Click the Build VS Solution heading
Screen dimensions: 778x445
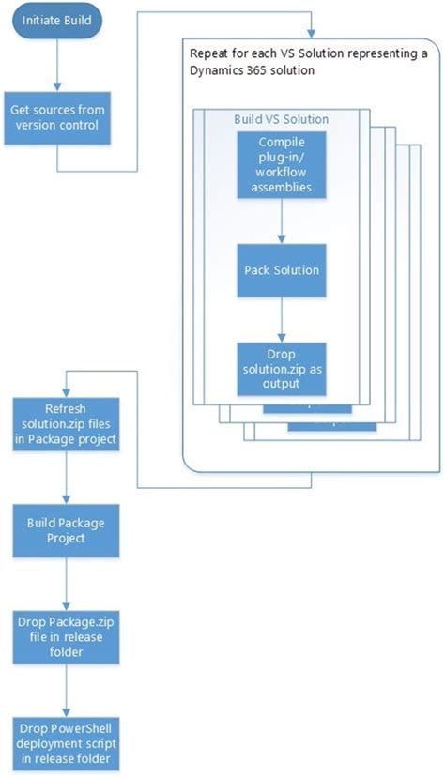click(x=281, y=120)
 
